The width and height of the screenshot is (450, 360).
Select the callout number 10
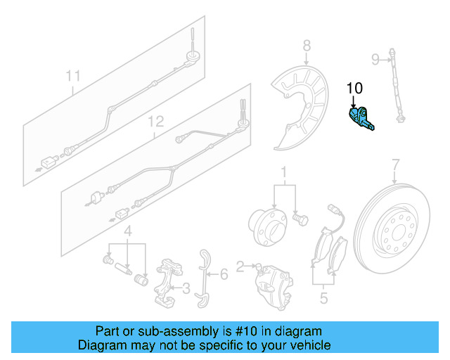point(354,89)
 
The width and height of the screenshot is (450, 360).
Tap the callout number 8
point(307,46)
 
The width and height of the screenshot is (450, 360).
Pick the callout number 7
point(395,165)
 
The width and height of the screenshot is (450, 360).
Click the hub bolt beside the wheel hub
point(300,219)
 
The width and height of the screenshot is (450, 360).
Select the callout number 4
point(127,231)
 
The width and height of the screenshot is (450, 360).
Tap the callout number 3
point(186,288)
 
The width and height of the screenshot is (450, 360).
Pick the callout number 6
point(223,274)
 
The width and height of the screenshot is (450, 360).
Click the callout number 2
point(240,266)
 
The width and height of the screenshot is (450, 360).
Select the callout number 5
point(323,297)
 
